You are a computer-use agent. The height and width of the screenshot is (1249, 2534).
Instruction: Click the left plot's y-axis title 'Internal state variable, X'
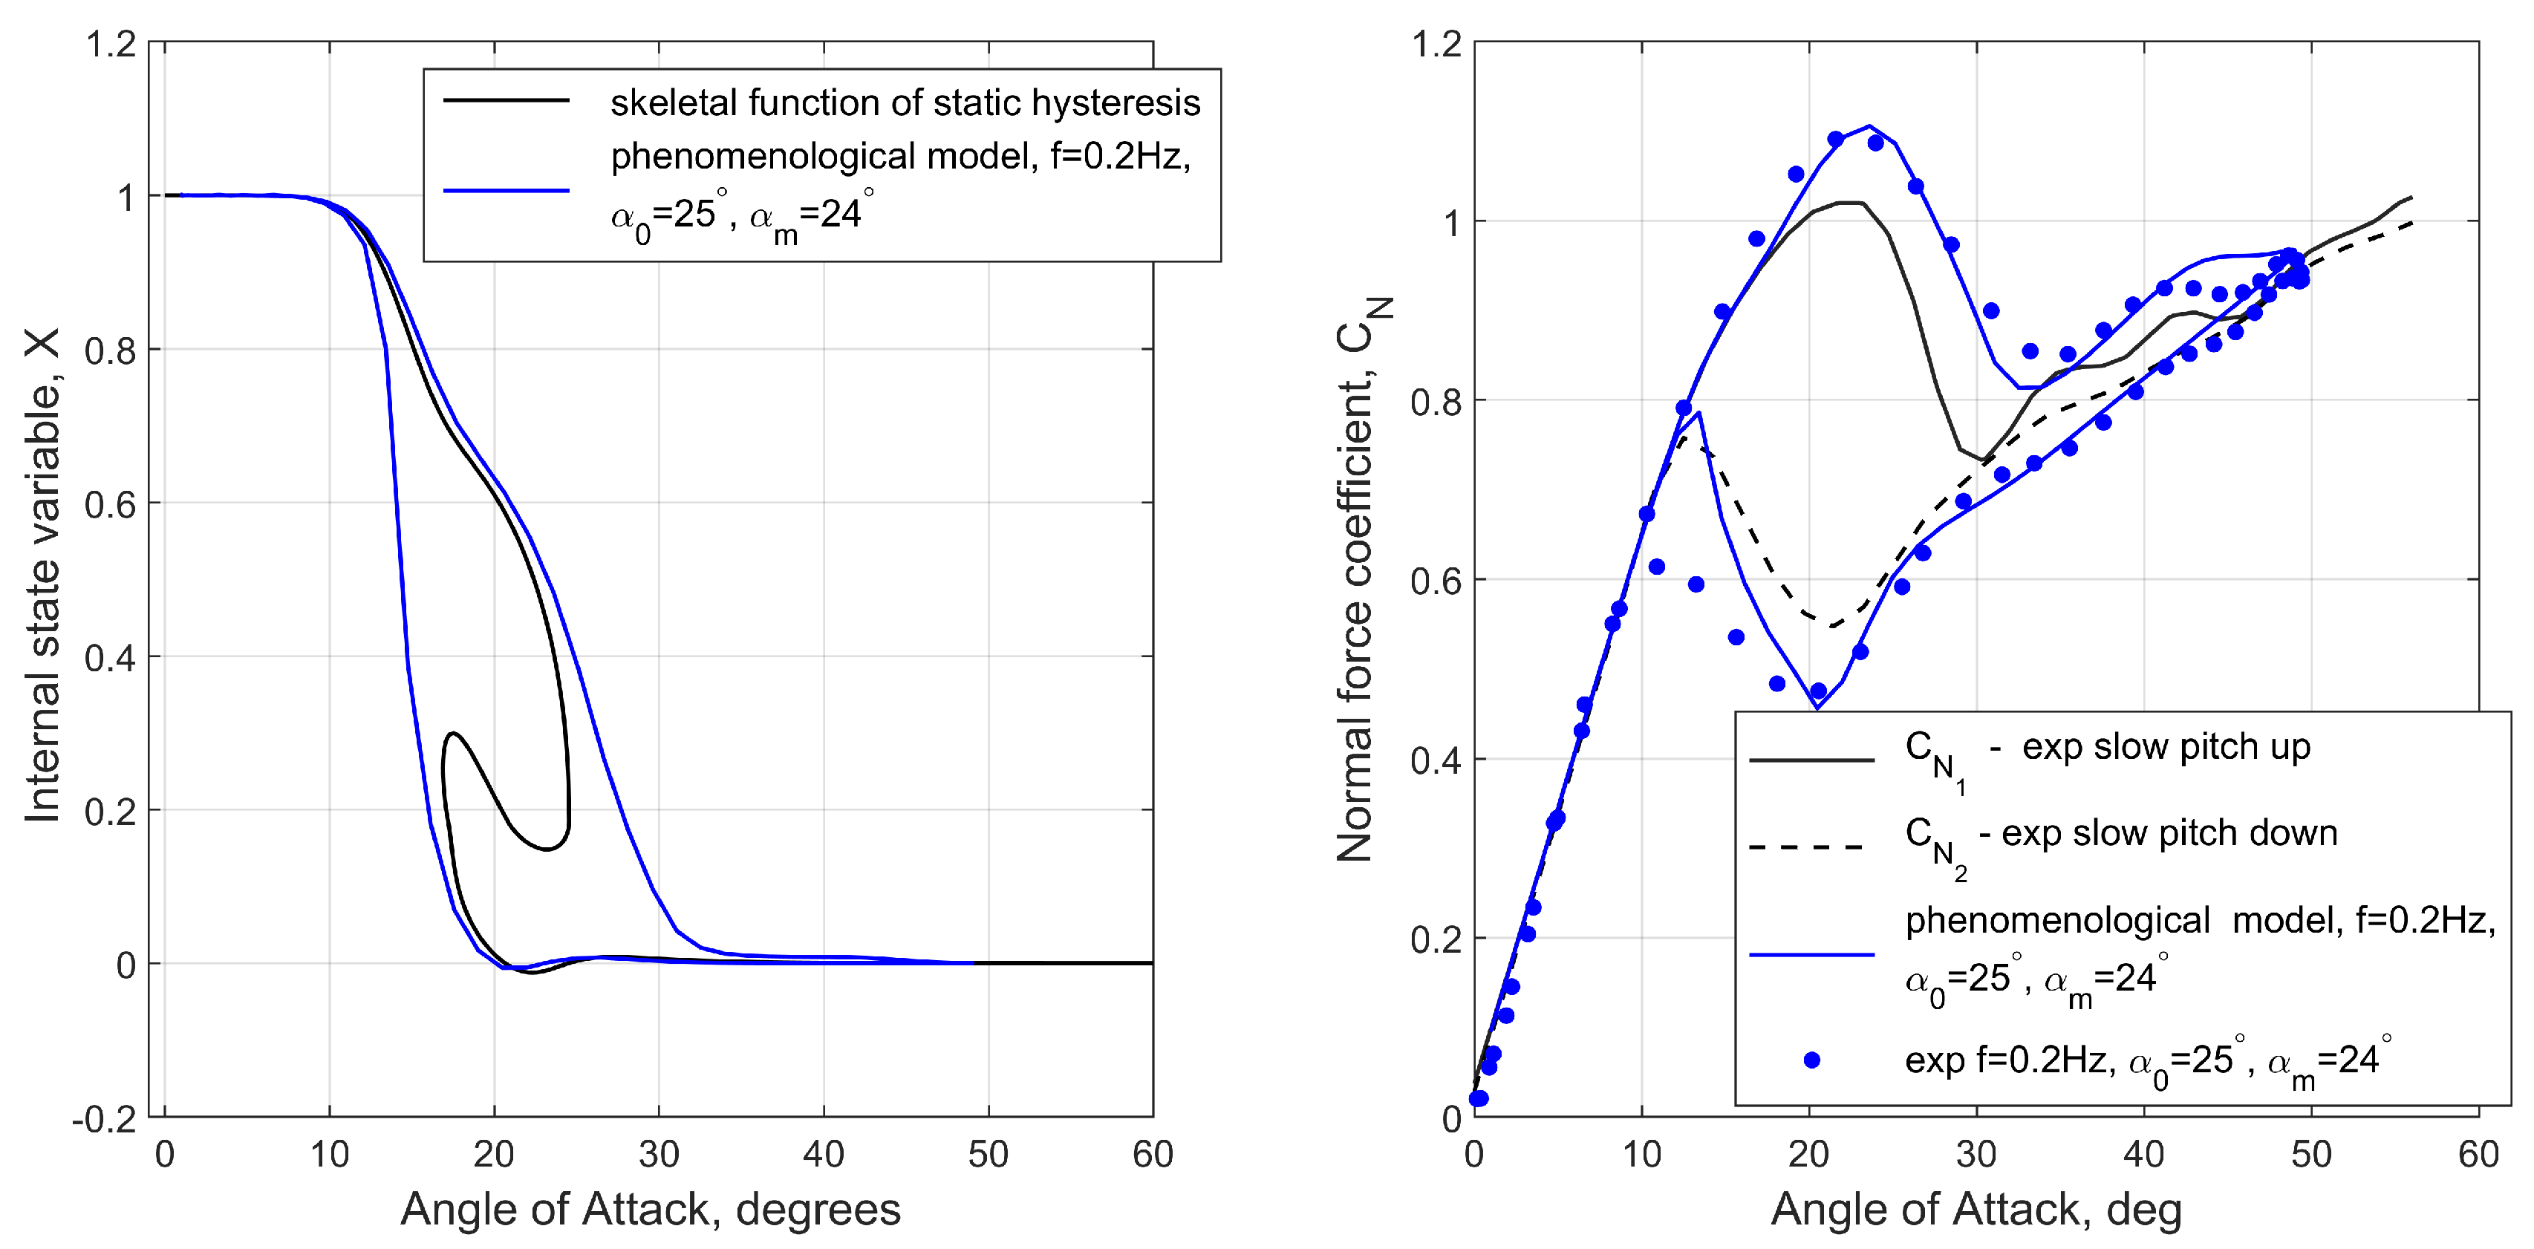pyautogui.click(x=43, y=575)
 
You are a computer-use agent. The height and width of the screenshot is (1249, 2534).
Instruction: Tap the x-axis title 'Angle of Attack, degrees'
pyautogui.click(x=651, y=1209)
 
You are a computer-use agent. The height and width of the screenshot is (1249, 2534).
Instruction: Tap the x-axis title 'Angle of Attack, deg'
pyautogui.click(x=1976, y=1209)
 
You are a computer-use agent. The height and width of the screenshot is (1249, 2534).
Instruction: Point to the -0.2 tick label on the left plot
pyautogui.click(x=103, y=1119)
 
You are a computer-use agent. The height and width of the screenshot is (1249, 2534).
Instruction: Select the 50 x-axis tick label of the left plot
pyautogui.click(x=988, y=1154)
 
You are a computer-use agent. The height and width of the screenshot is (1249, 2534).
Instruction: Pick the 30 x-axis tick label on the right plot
pyautogui.click(x=1976, y=1154)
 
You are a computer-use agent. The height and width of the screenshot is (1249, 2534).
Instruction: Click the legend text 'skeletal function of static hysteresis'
pyautogui.click(x=905, y=102)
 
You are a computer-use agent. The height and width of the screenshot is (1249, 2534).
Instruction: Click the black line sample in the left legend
pyautogui.click(x=507, y=100)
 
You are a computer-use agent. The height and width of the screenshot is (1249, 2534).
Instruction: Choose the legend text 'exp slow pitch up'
pyautogui.click(x=2165, y=748)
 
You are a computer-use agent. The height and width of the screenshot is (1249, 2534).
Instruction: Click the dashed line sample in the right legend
pyautogui.click(x=1810, y=846)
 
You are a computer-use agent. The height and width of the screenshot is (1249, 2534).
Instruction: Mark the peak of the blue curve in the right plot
pyautogui.click(x=1868, y=126)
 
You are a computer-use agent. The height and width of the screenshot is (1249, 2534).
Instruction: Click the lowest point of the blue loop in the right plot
pyautogui.click(x=1816, y=707)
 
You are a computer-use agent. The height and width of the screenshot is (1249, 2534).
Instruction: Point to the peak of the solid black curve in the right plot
pyautogui.click(x=1849, y=203)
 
